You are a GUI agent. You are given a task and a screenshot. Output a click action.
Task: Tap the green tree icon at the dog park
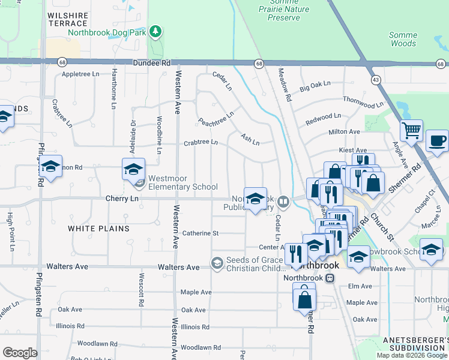[x=155, y=31]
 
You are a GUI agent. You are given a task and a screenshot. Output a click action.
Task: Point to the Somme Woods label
[x=403, y=39]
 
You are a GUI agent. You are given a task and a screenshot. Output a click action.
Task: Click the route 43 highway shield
[x=376, y=79]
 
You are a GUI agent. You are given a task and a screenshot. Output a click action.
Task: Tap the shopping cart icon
[x=412, y=130]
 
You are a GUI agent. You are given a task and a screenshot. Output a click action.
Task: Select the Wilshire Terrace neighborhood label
[x=68, y=19]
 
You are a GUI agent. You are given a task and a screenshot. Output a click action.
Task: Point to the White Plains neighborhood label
[x=98, y=229]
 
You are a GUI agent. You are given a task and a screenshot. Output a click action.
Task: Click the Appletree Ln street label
[x=80, y=74]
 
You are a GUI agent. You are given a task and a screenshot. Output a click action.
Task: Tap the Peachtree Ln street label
[x=216, y=118]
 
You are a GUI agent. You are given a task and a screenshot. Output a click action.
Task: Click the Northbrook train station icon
[x=330, y=278]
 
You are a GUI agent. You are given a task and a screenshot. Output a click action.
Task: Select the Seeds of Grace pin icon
[x=217, y=263]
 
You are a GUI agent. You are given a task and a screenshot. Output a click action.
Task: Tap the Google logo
[x=20, y=352]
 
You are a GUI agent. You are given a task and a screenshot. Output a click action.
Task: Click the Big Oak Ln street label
[x=316, y=88]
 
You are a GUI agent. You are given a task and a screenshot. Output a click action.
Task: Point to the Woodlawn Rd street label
[x=200, y=347]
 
